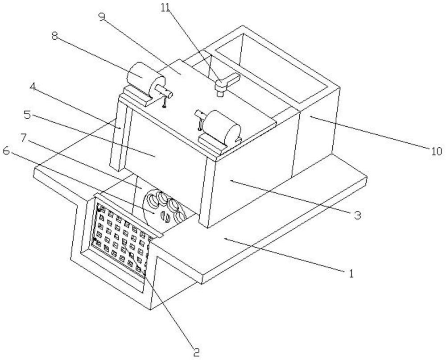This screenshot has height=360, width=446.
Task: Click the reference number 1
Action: coord(351,273)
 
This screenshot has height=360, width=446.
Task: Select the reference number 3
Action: coord(358,215)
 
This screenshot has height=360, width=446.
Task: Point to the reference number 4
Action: coord(33,87)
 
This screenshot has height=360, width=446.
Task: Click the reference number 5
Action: coord(27,115)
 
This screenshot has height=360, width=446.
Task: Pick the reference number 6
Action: coord(6,151)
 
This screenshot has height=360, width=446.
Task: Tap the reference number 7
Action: coord(24,138)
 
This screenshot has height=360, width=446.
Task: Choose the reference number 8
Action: coord(54,36)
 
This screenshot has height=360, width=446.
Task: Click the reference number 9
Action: coord(102,17)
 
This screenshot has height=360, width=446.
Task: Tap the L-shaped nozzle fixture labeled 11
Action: coord(227,83)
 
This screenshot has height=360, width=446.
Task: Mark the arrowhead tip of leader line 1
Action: coord(224,239)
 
